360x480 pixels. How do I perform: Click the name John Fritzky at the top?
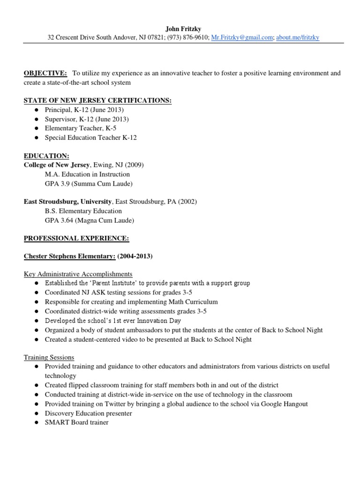(184, 29)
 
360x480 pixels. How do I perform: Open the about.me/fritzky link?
(298, 37)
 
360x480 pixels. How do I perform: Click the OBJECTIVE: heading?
(45, 73)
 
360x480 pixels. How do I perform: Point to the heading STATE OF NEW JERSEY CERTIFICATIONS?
(97, 100)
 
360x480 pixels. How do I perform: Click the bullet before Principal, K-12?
(36, 110)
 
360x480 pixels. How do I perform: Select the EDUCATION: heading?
(46, 156)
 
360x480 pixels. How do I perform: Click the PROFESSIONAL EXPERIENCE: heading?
(76, 238)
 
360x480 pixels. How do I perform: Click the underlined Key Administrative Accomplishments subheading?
(78, 274)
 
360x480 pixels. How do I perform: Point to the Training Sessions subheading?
(49, 357)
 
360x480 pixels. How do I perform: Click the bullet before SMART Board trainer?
(36, 422)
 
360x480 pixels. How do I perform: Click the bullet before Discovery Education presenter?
(36, 413)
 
